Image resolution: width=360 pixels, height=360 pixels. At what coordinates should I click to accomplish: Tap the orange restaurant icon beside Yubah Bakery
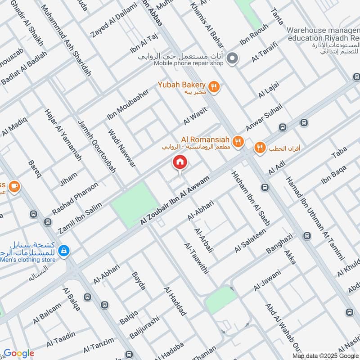pyautogui.click(x=214, y=87)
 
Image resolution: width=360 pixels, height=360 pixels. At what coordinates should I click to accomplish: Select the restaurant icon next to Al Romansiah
pyautogui.click(x=238, y=142)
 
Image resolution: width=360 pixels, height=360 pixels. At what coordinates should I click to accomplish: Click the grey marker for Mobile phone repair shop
pyautogui.click(x=232, y=58)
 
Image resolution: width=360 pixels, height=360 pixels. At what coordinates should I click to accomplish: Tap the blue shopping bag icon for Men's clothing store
pyautogui.click(x=63, y=250)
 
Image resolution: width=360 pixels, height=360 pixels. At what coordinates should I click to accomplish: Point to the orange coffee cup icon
pyautogui.click(x=14, y=186)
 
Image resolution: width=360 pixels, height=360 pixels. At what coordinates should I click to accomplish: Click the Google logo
pyautogui.click(x=19, y=353)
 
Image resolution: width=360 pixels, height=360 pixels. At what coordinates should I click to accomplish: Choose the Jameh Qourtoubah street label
pyautogui.click(x=97, y=147)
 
